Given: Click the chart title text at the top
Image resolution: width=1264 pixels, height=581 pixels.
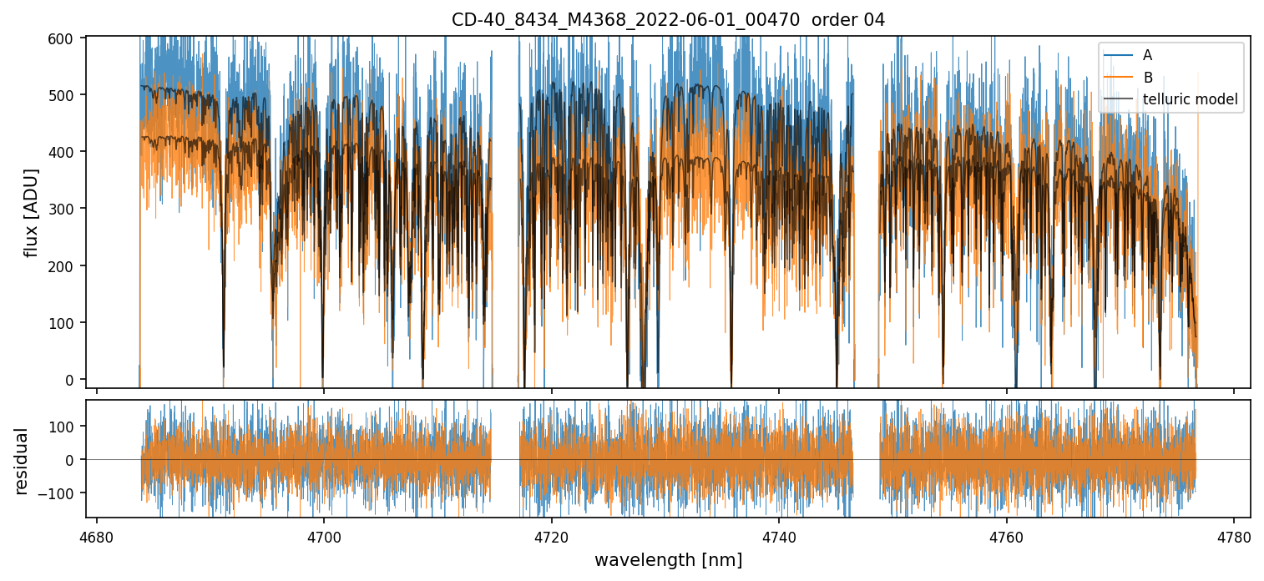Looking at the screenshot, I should point(668,19).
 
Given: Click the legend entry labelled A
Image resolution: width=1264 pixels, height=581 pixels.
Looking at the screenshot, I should point(1147,55).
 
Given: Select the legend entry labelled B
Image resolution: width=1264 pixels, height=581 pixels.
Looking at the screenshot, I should point(1147,78).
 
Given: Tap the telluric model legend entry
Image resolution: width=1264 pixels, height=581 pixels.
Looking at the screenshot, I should point(1190,101).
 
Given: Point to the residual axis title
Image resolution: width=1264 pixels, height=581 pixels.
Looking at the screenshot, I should point(22,461).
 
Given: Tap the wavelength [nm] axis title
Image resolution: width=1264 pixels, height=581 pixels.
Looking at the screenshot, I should point(668,560).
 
